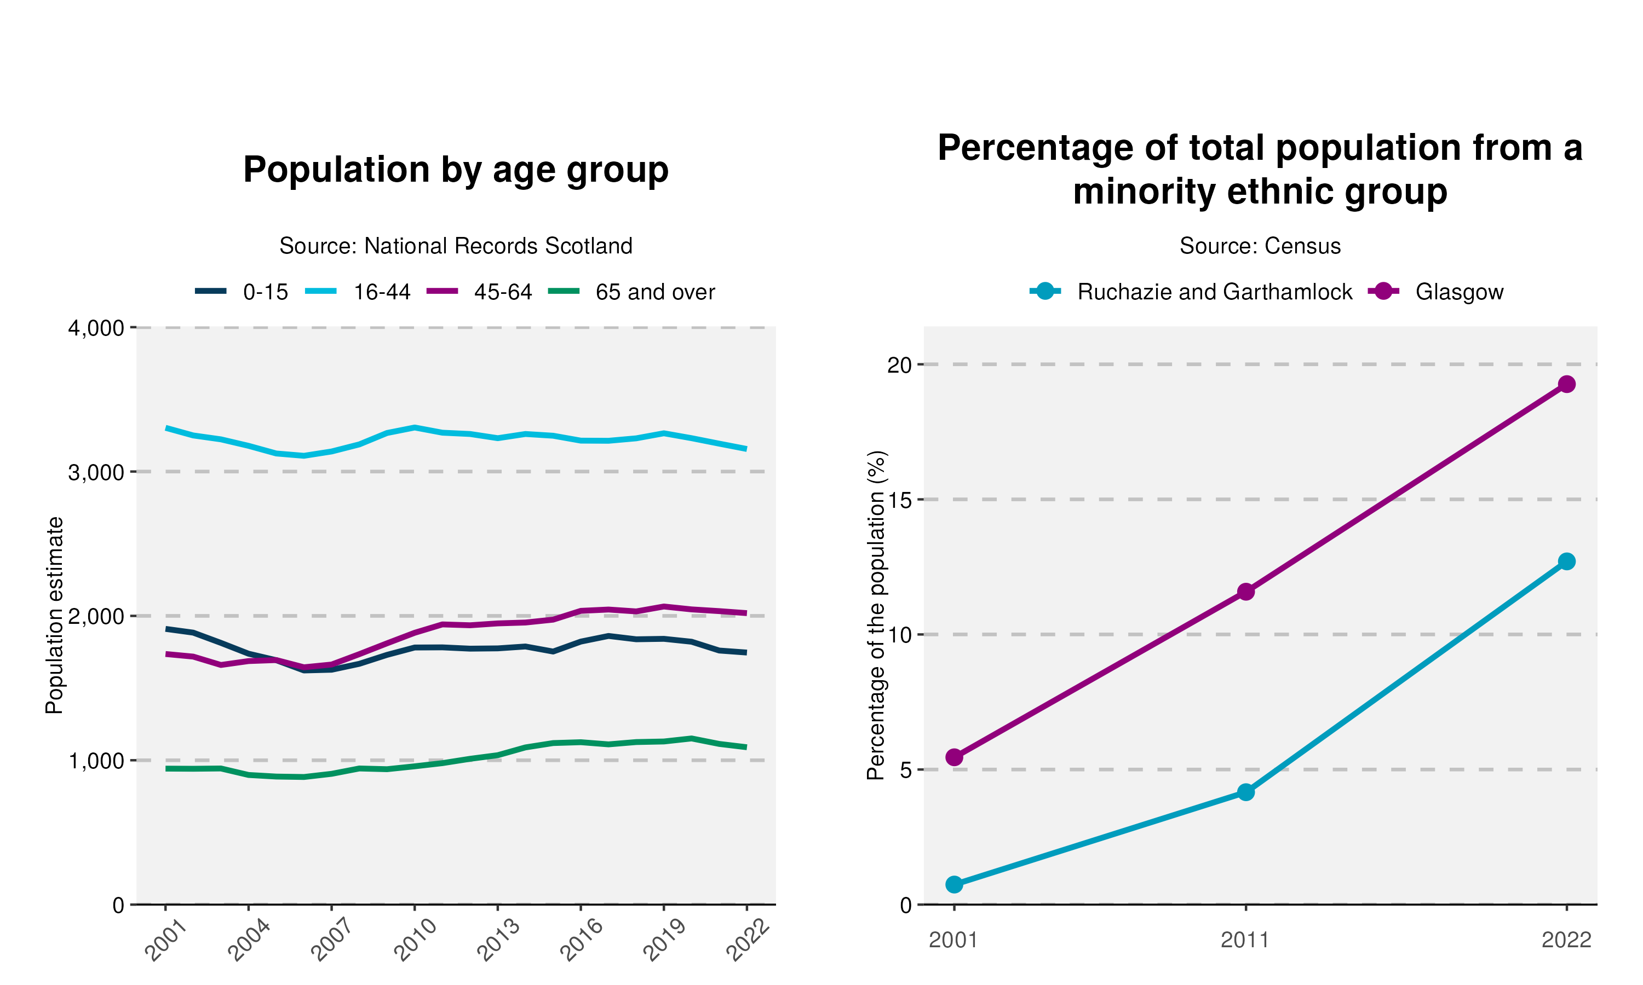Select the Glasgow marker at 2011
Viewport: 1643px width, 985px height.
point(1246,592)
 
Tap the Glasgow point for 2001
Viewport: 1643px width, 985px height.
point(955,757)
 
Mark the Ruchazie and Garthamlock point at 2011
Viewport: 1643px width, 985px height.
point(1246,792)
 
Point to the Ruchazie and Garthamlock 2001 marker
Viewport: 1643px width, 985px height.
point(955,884)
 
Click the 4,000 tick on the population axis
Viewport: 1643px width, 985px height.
point(96,328)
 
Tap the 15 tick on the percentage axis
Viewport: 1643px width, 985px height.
point(900,500)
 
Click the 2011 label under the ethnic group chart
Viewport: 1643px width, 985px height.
point(1245,940)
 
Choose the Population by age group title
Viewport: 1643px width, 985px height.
point(456,170)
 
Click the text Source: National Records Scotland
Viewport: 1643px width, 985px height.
point(456,246)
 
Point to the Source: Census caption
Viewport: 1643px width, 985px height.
point(1260,246)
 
